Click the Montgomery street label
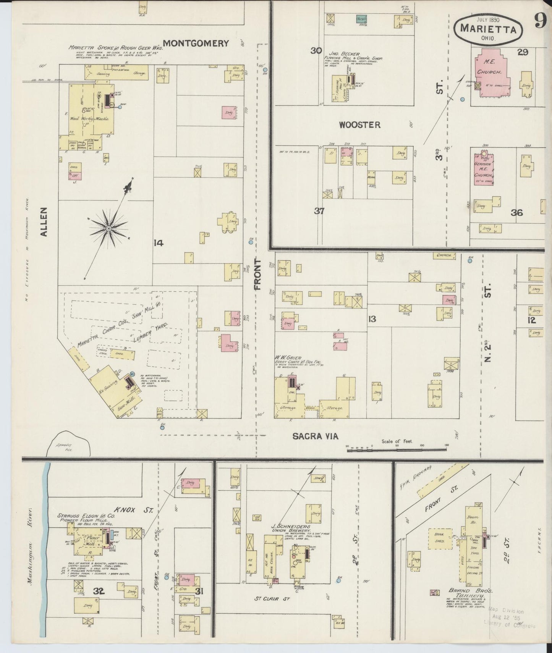196,43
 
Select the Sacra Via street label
315,436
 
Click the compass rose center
109,228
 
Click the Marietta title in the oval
489,29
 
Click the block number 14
158,242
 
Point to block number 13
371,319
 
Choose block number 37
319,211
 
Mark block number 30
316,51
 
